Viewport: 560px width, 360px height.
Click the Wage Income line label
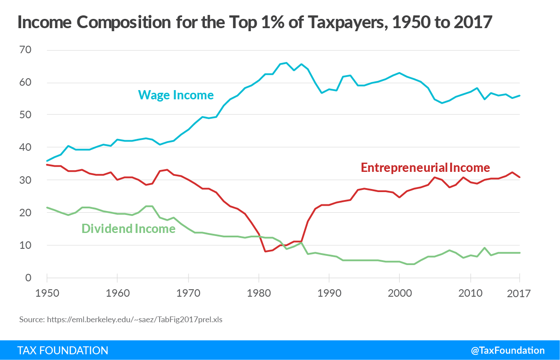coord(176,95)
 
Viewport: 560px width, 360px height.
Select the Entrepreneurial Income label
coord(425,167)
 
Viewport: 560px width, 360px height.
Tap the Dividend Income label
coord(128,229)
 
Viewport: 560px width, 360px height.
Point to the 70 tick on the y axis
coord(25,50)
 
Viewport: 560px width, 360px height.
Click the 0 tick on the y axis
coord(28,278)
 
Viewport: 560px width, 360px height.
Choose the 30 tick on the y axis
coord(25,180)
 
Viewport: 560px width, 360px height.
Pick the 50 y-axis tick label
coord(25,115)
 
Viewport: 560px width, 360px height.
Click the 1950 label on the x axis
coord(47,293)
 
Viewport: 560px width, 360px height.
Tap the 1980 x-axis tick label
coord(258,293)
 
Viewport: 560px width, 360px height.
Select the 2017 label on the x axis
coord(519,293)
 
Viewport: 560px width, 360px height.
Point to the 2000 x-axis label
coord(400,293)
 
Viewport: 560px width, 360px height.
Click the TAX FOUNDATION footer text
coord(62,350)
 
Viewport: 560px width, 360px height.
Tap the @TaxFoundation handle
coord(508,350)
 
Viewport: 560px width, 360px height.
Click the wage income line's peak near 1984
coord(286,63)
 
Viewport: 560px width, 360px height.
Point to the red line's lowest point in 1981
coord(265,251)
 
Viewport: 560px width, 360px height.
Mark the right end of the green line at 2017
coord(520,253)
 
